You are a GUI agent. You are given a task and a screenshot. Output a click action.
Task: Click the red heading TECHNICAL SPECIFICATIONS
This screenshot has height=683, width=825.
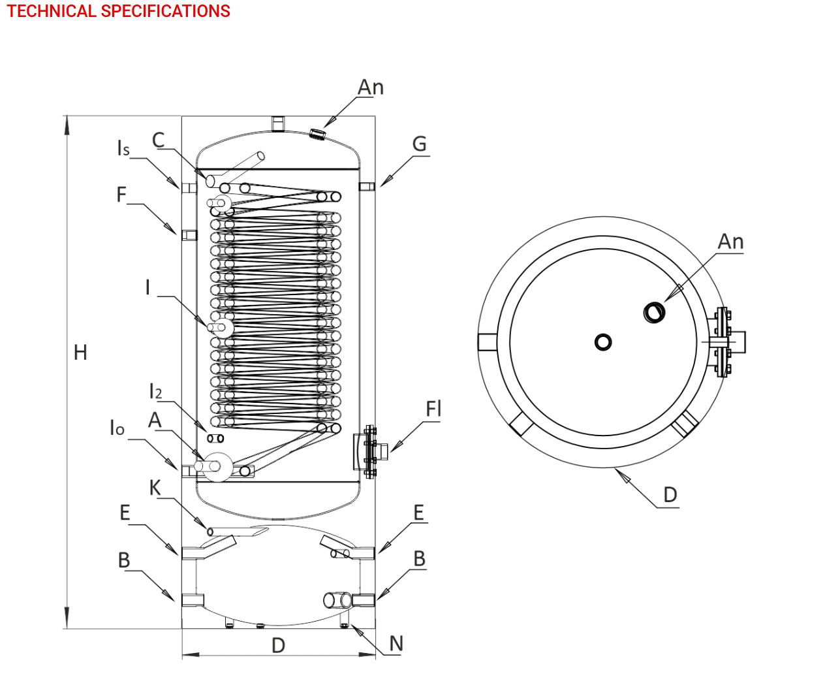tap(118, 11)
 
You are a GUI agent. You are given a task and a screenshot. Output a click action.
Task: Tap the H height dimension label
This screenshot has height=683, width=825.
tap(80, 353)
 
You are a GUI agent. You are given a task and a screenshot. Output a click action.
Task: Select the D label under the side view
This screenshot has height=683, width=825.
tap(278, 645)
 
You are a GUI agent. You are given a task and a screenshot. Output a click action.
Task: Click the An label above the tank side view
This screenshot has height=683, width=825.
tap(371, 87)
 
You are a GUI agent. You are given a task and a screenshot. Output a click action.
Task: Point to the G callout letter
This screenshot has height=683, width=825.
tap(419, 144)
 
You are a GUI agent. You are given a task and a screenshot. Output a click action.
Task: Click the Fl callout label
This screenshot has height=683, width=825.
tap(433, 409)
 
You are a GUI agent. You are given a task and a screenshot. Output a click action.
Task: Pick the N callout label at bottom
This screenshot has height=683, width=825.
tap(396, 644)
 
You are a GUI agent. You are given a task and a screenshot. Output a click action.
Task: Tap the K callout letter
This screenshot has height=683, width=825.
tap(155, 487)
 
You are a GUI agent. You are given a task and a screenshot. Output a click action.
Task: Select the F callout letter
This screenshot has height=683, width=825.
tap(121, 194)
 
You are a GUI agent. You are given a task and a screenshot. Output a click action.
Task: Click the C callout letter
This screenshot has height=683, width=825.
tap(158, 140)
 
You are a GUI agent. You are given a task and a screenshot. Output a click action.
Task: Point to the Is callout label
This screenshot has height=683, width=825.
tap(123, 148)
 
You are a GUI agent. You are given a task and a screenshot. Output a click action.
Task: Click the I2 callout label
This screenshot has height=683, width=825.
tap(155, 391)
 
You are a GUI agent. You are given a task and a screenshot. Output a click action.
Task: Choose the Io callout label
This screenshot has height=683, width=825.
tap(116, 428)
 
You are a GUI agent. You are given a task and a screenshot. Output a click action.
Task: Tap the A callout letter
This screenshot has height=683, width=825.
tap(155, 419)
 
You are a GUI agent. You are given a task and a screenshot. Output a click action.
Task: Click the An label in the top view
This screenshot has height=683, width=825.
tap(730, 242)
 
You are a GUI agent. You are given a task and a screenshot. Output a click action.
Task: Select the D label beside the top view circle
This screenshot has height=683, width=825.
tap(670, 494)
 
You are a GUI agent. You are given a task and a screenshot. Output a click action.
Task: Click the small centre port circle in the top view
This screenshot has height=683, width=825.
tap(604, 341)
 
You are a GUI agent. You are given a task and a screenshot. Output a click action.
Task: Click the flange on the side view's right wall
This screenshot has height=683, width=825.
tap(370, 451)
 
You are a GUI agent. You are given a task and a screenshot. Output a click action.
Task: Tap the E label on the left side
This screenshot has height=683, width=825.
tap(125, 513)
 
